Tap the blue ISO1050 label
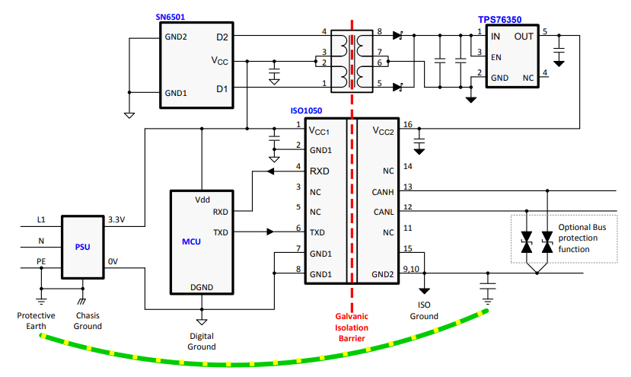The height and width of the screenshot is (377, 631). [308, 111]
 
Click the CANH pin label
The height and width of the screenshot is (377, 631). [382, 192]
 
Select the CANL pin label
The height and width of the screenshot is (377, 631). [382, 212]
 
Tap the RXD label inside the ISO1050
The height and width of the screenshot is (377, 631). [320, 171]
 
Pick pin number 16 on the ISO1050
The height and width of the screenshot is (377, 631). [408, 125]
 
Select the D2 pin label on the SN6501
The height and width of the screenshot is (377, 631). [221, 36]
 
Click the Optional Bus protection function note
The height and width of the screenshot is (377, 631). [582, 238]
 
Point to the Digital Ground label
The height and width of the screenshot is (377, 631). [202, 340]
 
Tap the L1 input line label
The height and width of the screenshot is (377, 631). [41, 219]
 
